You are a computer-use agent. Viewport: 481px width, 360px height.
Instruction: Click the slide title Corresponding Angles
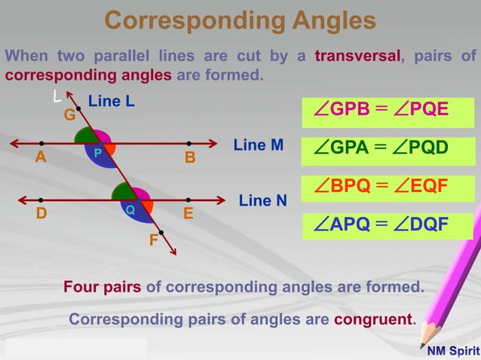pyautogui.click(x=240, y=20)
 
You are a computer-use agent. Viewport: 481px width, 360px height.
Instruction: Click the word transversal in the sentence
pyautogui.click(x=357, y=56)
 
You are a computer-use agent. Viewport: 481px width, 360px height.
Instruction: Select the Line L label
pyautogui.click(x=112, y=100)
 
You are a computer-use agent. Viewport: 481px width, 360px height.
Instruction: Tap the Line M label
pyautogui.click(x=259, y=145)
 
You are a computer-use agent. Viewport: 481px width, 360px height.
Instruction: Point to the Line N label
pyautogui.click(x=263, y=200)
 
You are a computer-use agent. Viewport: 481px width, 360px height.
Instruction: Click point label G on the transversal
pyautogui.click(x=69, y=116)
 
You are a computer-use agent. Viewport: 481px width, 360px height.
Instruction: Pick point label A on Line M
pyautogui.click(x=40, y=158)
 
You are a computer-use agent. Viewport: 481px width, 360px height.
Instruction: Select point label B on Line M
pyautogui.click(x=190, y=158)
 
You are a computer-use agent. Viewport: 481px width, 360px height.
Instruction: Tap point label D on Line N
pyautogui.click(x=41, y=214)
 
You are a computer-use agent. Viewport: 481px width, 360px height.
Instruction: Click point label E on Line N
pyautogui.click(x=189, y=214)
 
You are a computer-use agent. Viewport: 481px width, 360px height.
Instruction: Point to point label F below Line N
pyautogui.click(x=153, y=242)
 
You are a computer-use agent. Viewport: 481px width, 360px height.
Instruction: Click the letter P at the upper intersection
pyautogui.click(x=98, y=152)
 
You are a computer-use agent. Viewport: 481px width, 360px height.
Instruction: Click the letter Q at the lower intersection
pyautogui.click(x=130, y=209)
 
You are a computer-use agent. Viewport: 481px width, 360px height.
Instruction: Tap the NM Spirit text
pyautogui.click(x=452, y=351)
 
